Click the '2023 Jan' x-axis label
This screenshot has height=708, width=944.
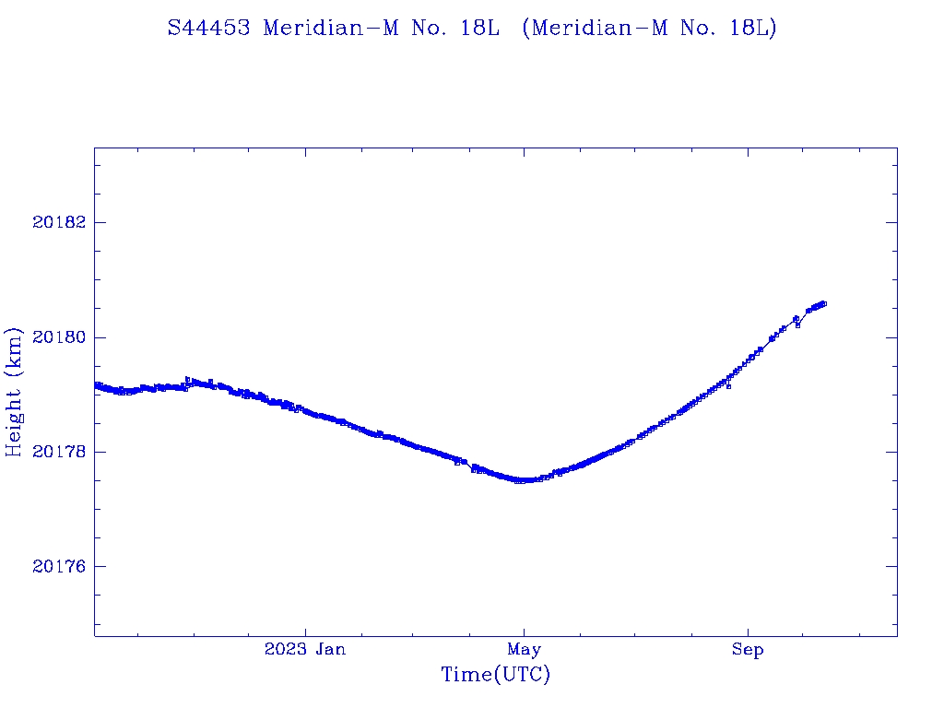tap(305, 650)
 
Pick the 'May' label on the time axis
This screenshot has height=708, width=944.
tap(524, 650)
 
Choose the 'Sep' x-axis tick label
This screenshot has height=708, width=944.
tap(748, 650)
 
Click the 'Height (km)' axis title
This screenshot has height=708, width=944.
tap(14, 392)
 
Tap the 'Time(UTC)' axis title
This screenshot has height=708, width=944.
tap(495, 675)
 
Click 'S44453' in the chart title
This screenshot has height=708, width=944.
tap(208, 28)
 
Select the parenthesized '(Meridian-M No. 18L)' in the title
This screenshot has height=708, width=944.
tap(649, 28)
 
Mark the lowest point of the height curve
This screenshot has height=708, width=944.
tap(522, 480)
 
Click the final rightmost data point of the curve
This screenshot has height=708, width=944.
tap(823, 303)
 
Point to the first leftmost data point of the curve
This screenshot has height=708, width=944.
tap(96, 384)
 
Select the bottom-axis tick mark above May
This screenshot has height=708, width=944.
tap(524, 631)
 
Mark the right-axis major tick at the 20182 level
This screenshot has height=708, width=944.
tap(891, 223)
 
